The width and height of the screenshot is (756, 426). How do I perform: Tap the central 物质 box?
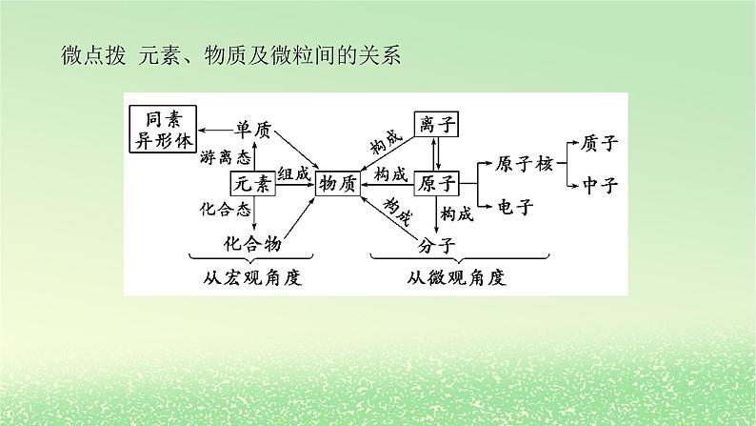(x=338, y=183)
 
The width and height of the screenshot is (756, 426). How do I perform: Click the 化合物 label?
(x=252, y=243)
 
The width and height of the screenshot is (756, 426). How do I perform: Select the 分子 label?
(x=437, y=244)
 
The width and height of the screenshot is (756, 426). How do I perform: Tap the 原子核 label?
(x=525, y=163)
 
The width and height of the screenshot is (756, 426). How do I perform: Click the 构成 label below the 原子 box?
(x=459, y=212)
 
